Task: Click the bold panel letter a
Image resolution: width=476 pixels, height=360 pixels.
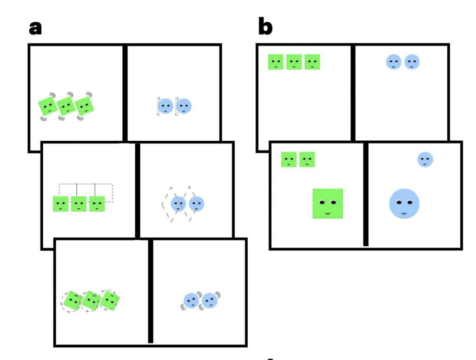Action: coord(35,28)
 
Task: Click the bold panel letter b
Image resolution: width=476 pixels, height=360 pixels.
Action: coord(265,26)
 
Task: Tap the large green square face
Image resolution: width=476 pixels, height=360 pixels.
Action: coord(328,203)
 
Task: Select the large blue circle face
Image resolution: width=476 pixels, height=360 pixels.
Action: coord(404,203)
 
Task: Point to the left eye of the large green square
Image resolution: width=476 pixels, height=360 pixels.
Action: coord(323,202)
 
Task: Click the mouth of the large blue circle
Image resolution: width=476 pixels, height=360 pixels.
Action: coord(404,214)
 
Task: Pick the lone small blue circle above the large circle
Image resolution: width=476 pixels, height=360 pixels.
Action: coord(425,159)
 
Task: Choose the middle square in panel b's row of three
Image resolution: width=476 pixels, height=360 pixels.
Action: coord(294,62)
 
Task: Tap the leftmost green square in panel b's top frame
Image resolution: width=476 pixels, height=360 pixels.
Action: coord(276,62)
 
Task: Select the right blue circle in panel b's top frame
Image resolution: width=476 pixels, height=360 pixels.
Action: coord(412,62)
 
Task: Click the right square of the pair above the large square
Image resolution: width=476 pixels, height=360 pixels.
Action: coord(307,159)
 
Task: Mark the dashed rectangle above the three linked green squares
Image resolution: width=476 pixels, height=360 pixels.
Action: coord(86,184)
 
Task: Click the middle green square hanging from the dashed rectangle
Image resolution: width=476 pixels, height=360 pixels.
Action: coord(79,204)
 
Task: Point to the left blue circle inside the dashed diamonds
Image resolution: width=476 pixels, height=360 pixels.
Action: coord(178,204)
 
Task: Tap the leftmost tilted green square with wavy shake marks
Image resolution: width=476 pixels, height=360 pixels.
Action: coord(48,106)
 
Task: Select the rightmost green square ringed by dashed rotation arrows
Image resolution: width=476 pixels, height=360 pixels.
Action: coord(110,300)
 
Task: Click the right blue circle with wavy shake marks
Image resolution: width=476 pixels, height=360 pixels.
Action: coord(210,301)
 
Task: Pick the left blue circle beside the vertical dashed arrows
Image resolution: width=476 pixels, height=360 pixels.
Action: coord(166,106)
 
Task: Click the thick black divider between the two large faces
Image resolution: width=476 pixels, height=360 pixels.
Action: coord(366,194)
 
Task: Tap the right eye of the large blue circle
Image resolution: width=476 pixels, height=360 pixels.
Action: coord(410,202)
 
